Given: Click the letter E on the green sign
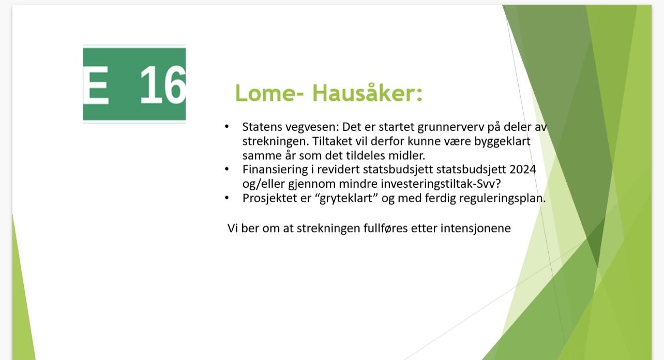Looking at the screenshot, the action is (x=96, y=85).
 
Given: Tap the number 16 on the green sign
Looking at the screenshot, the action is (x=163, y=85).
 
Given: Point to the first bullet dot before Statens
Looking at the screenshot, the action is (x=227, y=127).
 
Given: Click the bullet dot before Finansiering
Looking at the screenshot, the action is (x=227, y=169).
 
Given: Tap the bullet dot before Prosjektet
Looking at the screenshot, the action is (x=227, y=198).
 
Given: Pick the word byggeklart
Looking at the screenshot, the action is (x=502, y=142).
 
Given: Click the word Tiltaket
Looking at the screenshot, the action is (x=332, y=141).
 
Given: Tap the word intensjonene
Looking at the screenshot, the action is (x=476, y=229).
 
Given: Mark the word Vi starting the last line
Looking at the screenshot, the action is (x=233, y=228).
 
